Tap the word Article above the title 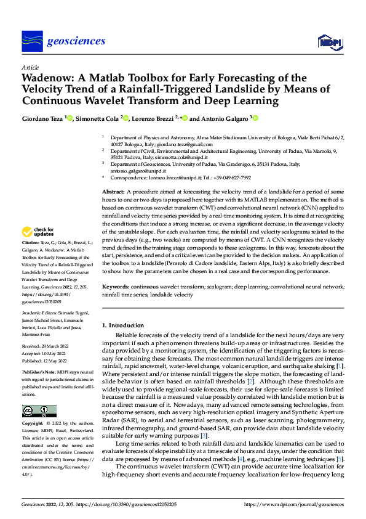coord(30,67)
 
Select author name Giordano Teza coord(43,118)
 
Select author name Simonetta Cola coord(98,118)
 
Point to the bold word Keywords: coord(116,287)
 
